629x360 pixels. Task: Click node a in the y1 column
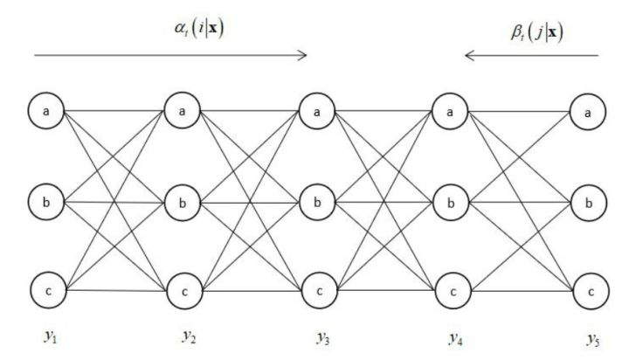(x=45, y=111)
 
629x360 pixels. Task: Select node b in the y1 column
(x=45, y=201)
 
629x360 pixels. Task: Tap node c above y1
(x=45, y=287)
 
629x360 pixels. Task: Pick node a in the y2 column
(x=183, y=111)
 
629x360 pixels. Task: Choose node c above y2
(x=183, y=289)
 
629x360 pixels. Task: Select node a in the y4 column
(x=451, y=111)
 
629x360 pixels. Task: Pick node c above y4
(x=451, y=289)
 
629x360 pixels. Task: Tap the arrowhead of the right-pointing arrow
(x=304, y=56)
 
